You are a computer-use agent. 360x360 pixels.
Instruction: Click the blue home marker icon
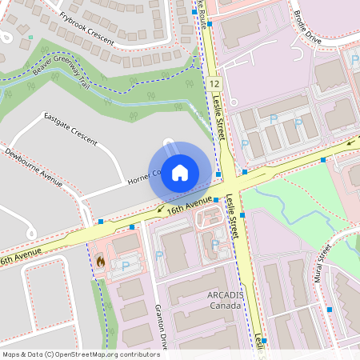tap(180, 172)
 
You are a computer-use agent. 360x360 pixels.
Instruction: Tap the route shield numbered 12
tap(214, 83)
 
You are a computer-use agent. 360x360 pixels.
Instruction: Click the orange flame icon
tap(100, 261)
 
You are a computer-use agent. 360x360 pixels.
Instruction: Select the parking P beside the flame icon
tap(124, 265)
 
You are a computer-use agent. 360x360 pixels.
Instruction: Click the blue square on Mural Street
tap(329, 309)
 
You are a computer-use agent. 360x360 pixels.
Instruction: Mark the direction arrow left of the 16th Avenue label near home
tap(162, 210)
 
